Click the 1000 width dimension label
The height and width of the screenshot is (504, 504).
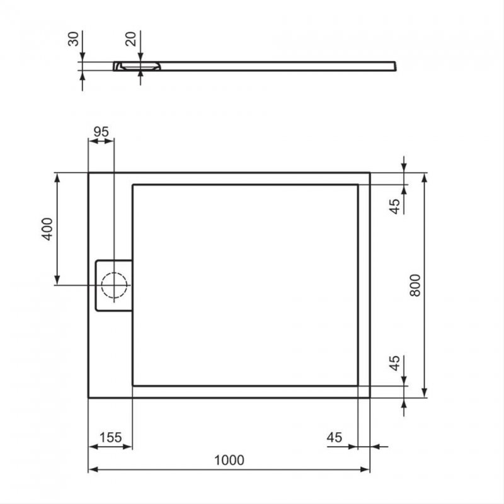[x=229, y=460]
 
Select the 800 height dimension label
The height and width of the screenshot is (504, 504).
[x=415, y=285]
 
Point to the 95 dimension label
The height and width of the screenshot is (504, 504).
[x=101, y=132]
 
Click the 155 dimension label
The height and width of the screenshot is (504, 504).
[x=110, y=437]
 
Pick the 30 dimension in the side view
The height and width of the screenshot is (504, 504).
[x=74, y=39]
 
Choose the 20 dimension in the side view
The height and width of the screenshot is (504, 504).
[x=131, y=39]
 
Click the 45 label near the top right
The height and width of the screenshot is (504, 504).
[x=394, y=207]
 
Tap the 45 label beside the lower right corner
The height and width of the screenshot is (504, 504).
[x=394, y=364]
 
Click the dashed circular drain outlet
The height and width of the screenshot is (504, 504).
[x=114, y=285]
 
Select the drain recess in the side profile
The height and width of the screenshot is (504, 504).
[x=139, y=66]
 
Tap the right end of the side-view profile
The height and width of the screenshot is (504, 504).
[x=394, y=65]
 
